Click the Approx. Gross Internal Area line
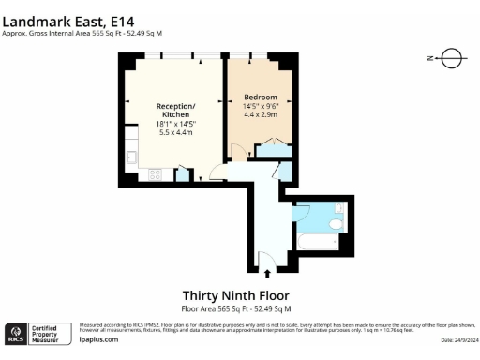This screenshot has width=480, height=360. (x=82, y=32)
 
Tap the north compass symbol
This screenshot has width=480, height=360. (x=451, y=58)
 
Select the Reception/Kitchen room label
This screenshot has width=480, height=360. (x=174, y=111)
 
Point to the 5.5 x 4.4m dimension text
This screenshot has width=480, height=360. (x=174, y=132)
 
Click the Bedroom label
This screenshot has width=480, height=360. (x=260, y=97)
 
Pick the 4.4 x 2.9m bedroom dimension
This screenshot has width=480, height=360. (x=260, y=115)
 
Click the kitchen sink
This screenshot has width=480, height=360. (x=132, y=150)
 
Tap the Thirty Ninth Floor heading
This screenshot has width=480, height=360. (x=235, y=293)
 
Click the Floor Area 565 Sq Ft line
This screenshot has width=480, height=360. (x=235, y=308)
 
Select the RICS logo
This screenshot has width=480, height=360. (x=16, y=335)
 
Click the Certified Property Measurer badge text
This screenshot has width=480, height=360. (x=46, y=335)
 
